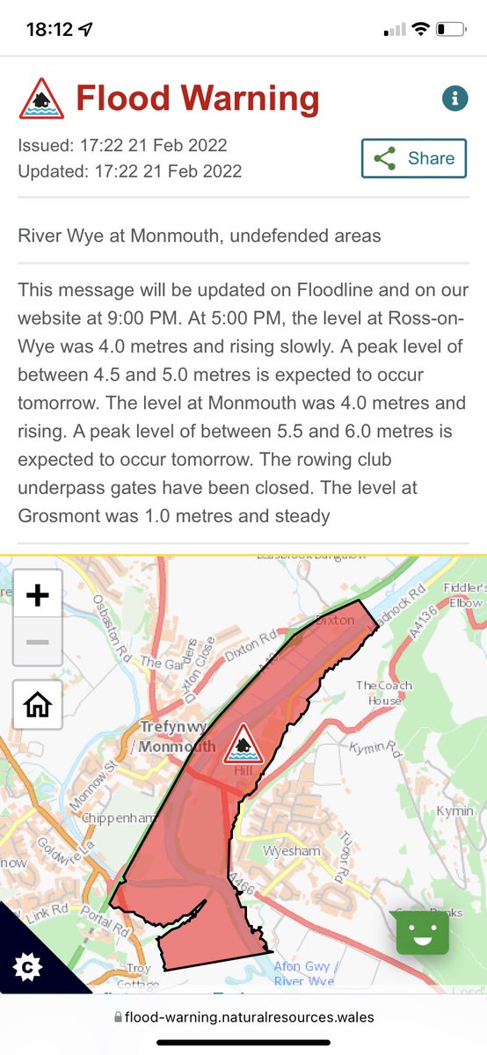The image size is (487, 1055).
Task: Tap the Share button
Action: [413, 159]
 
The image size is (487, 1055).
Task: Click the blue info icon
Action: [454, 99]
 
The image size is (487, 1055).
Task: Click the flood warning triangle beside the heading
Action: [40, 98]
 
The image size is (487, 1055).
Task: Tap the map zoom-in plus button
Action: [37, 595]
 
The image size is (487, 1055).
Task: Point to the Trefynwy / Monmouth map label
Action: [177, 737]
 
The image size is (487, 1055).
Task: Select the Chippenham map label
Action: [117, 818]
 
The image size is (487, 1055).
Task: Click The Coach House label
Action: [383, 693]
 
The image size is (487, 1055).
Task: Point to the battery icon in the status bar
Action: [450, 29]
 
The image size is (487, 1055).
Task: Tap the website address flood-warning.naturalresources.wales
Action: [249, 1017]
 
